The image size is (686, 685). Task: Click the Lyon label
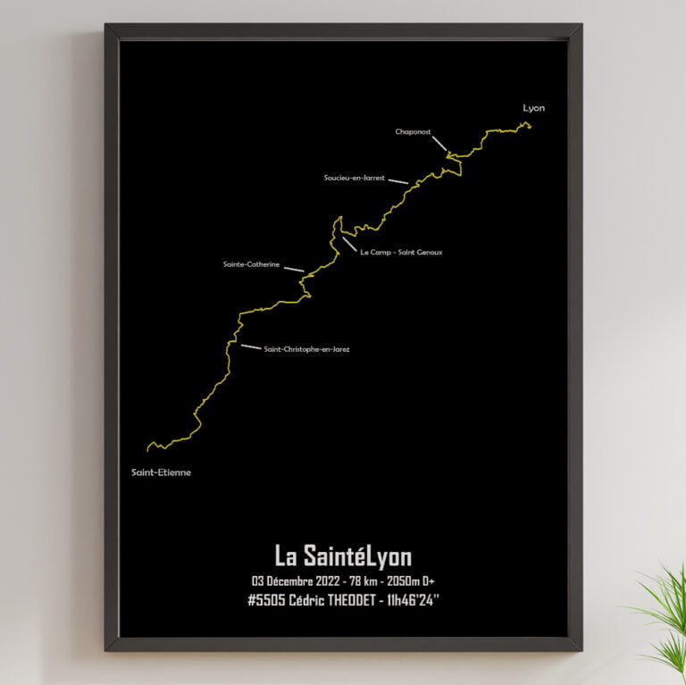click(533, 108)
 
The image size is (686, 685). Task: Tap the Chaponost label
click(413, 132)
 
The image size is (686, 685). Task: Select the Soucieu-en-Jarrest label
click(354, 178)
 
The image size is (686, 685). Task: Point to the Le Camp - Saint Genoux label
click(401, 252)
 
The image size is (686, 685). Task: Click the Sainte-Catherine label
click(251, 264)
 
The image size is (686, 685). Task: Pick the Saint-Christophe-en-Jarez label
click(306, 349)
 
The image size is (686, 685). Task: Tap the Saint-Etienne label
click(161, 472)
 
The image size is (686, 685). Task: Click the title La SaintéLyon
click(343, 556)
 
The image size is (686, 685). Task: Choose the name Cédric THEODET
click(332, 600)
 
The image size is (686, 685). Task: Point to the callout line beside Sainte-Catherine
click(294, 269)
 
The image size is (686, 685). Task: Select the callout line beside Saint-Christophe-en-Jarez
click(251, 347)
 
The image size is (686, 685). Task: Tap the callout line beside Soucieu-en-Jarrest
click(398, 181)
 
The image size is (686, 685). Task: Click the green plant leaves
click(665, 616)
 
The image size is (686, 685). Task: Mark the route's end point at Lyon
click(529, 125)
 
